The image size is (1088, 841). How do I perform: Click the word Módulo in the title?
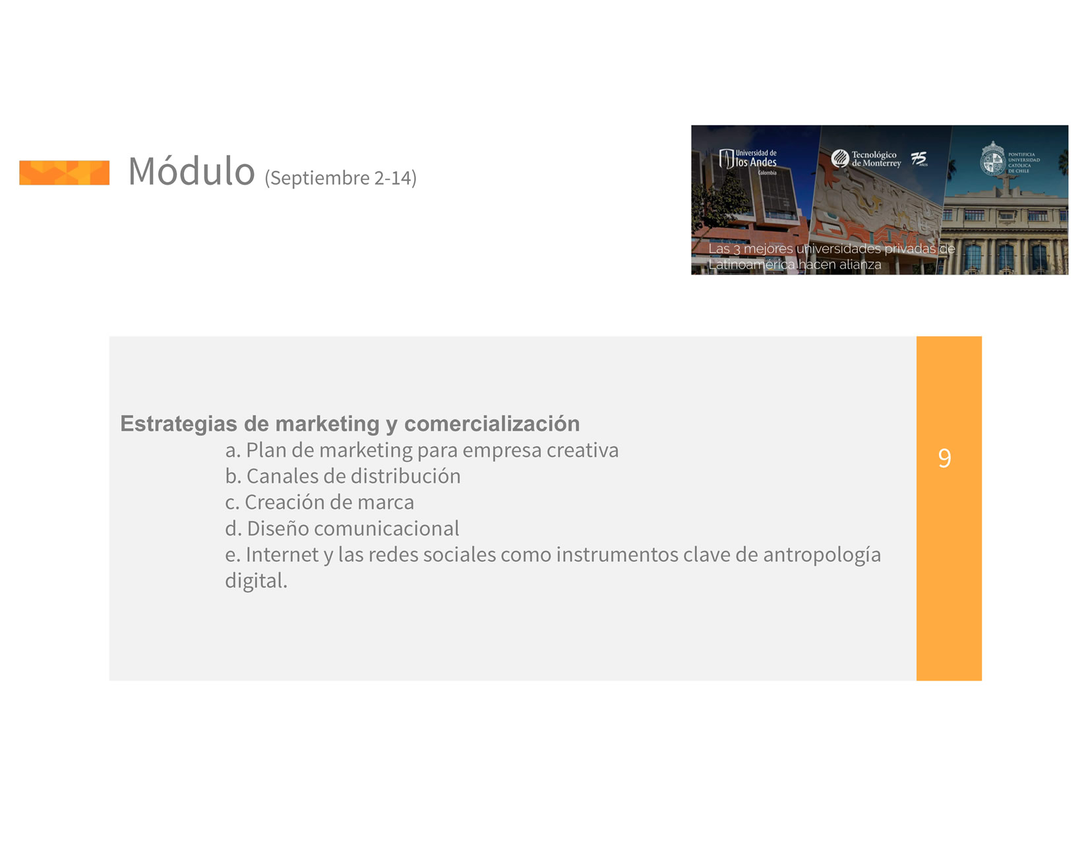pos(191,171)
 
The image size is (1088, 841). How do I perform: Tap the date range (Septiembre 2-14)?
pos(340,178)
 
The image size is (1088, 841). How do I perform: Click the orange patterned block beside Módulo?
pos(64,173)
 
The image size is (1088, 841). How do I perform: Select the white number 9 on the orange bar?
pos(944,458)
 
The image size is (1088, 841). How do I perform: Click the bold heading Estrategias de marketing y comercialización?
pos(349,424)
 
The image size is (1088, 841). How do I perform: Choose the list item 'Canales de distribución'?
pos(342,476)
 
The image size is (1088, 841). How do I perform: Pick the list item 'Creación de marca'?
pos(319,503)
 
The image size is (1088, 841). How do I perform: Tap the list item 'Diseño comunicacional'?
pos(342,528)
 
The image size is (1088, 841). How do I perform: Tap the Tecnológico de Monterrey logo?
pos(866,159)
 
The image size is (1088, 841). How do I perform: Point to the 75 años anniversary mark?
pos(919,159)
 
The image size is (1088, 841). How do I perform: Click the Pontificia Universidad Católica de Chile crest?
pos(992,159)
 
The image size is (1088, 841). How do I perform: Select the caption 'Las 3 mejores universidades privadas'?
pos(821,249)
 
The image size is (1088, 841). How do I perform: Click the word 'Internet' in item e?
pos(282,555)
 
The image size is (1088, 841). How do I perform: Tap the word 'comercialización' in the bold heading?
pos(492,423)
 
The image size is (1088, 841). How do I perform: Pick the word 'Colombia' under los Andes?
pos(767,173)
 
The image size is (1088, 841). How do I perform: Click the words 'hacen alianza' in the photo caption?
pos(839,265)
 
